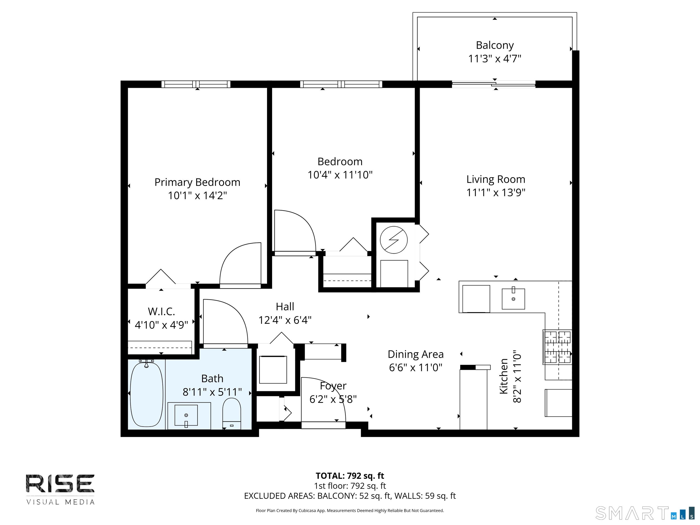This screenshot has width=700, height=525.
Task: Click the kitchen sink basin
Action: tap(513, 299)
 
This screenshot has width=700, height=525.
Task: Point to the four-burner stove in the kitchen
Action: tap(557, 347)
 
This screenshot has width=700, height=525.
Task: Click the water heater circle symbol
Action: tap(394, 240)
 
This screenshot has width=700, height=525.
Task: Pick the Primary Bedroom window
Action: tap(196, 84)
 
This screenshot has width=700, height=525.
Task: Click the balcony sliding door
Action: tap(494, 84)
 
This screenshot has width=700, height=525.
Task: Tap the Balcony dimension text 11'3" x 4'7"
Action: tap(495, 59)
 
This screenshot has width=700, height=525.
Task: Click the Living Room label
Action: tap(496, 179)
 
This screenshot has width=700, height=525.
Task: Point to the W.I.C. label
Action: tap(161, 311)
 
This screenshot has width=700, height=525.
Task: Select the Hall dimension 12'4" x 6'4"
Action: tap(285, 320)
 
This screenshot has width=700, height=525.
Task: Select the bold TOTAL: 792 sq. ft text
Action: tap(350, 476)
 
